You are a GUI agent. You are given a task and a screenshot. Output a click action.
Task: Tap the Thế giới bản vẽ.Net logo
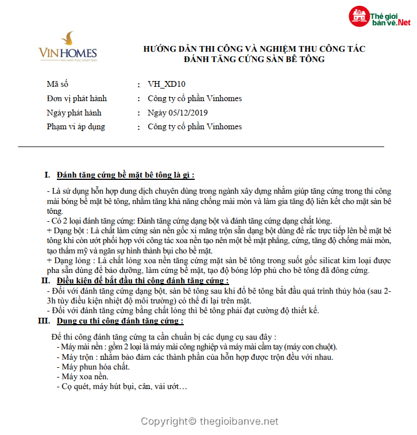click(380, 18)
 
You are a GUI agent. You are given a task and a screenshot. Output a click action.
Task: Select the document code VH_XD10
click(166, 84)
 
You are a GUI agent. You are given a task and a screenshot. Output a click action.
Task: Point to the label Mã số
click(57, 84)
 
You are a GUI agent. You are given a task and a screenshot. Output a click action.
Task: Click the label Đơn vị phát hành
click(76, 98)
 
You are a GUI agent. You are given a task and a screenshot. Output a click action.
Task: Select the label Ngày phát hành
click(74, 113)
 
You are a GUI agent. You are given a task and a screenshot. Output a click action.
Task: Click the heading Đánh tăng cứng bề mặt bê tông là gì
click(129, 175)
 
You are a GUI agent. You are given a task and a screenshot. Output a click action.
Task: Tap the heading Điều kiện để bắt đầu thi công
click(142, 281)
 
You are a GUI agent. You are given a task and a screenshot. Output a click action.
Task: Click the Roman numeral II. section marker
click(45, 281)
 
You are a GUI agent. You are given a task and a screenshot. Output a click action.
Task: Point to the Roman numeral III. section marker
click(44, 321)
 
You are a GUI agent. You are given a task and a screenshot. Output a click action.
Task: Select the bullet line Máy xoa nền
click(86, 376)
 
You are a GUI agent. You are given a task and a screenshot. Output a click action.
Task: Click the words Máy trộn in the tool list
click(77, 357)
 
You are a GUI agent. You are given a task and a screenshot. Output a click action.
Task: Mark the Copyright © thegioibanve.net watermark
click(210, 421)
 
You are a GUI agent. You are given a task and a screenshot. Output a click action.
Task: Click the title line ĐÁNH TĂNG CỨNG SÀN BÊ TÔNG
click(254, 59)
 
